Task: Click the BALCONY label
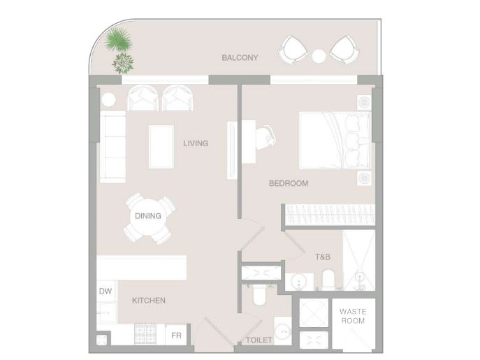point(240,57)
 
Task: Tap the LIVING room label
point(196,143)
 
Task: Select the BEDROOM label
point(289,183)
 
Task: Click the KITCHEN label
point(149,301)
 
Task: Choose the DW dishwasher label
point(106,291)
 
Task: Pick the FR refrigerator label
point(176,336)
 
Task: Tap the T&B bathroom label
point(323,257)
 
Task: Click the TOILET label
point(259,340)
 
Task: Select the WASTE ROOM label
point(353,316)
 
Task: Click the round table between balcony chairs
point(319,56)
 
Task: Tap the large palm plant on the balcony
point(119,40)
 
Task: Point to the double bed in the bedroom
point(335,141)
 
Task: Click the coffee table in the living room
point(161,147)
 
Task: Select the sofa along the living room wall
point(113,147)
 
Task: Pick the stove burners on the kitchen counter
point(145,333)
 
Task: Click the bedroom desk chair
point(266,137)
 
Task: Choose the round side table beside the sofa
point(108,99)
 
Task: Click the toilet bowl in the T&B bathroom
point(329,279)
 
